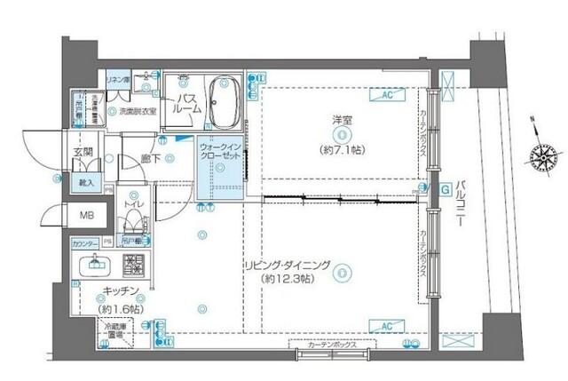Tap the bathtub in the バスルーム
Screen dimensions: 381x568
click(x=222, y=101)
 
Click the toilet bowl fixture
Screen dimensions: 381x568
click(x=133, y=221)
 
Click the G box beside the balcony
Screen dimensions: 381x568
click(x=444, y=188)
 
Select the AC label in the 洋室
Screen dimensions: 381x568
click(x=387, y=93)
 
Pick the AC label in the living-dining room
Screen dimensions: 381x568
click(x=386, y=326)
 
